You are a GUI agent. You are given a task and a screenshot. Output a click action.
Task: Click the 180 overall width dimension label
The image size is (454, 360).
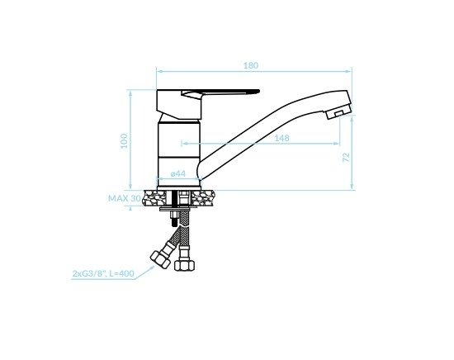pos(251,65)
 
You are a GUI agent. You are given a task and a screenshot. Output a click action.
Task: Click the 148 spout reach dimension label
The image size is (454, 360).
pos(281,138)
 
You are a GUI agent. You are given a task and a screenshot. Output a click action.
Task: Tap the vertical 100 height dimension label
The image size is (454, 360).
pos(124,140)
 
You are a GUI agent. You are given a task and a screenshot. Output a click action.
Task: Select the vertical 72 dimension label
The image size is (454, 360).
pos(347,157)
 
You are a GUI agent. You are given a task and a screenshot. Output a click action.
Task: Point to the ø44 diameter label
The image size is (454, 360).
pos(178,173)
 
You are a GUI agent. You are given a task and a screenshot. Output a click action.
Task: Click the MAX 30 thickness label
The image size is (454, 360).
pos(125,198)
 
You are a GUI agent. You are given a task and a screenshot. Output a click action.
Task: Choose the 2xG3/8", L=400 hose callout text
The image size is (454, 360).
pos(103,273)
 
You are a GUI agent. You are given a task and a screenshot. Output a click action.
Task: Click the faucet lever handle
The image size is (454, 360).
pos(220,93)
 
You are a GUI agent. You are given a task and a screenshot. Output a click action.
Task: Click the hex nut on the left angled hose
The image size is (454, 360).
pos(160,259)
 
